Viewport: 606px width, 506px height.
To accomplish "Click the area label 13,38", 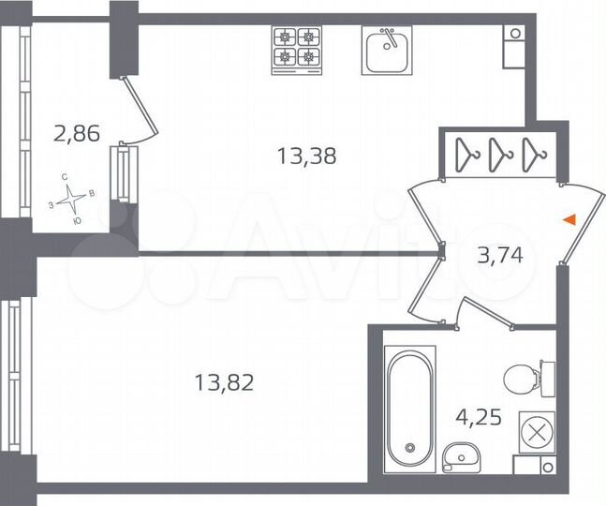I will [306, 156].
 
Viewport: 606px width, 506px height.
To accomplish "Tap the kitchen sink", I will [387, 50].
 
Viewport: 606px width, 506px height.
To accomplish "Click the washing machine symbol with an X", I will [537, 431].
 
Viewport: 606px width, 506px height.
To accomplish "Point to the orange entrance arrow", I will [568, 219].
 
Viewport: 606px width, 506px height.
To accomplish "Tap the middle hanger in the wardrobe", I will [499, 153].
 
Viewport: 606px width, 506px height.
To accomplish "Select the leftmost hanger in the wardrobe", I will [466, 153].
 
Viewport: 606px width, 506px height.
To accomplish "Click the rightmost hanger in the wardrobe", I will [533, 153].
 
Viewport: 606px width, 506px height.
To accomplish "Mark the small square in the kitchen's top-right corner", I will [514, 33].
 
